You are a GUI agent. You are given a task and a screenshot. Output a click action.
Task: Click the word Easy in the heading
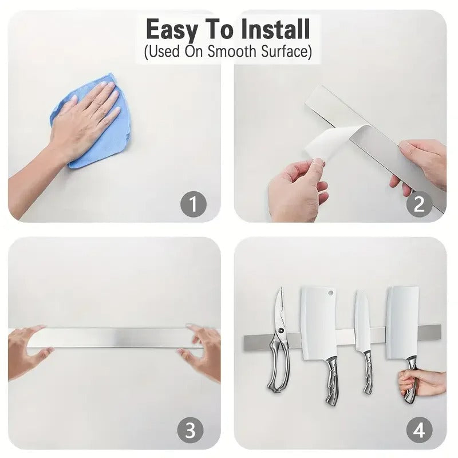(x=169, y=29)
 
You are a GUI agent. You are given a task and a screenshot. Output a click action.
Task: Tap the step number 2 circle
(x=419, y=204)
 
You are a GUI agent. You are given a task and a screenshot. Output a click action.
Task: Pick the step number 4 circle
(x=419, y=430)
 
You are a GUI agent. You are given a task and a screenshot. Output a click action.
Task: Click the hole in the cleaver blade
(x=330, y=293)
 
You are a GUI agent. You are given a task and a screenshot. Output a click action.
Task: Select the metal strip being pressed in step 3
(x=114, y=338)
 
